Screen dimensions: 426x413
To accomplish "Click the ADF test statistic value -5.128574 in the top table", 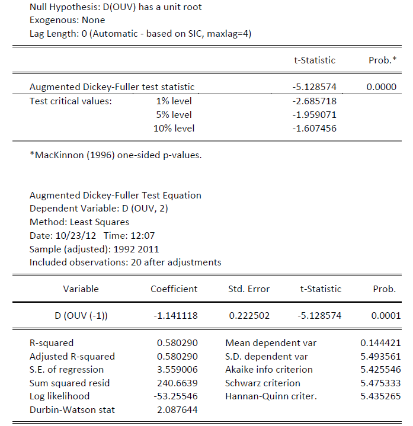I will click(314, 87).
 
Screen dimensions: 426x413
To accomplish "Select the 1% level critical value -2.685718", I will click(314, 101).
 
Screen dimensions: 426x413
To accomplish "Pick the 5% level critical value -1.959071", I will click(314, 114).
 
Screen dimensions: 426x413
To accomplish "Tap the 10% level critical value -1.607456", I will click(314, 128).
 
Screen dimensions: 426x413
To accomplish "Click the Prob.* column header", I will click(382, 60).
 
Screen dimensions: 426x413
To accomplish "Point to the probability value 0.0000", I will click(381, 87).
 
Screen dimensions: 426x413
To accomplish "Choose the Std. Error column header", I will click(249, 289).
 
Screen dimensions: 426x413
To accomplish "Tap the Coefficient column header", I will click(174, 289).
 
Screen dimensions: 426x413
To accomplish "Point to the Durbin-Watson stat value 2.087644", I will click(177, 410).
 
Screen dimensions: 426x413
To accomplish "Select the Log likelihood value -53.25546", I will click(176, 396).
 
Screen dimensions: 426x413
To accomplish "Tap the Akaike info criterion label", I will click(268, 370).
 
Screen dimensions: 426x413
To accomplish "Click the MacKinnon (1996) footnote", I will click(116, 156).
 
